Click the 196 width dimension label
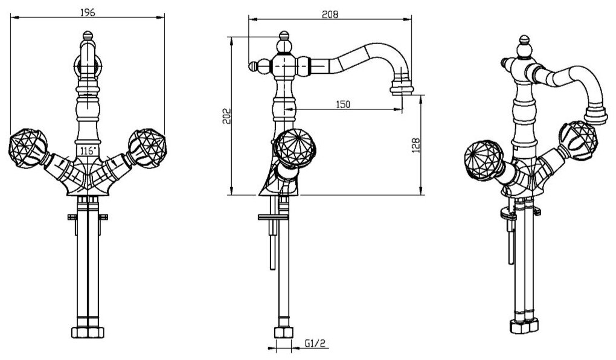pyautogui.click(x=88, y=11)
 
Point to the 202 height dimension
pyautogui.click(x=226, y=116)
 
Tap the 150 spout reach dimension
pyautogui.click(x=342, y=104)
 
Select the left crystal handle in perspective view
pyautogui.click(x=482, y=158)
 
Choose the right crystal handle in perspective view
pyautogui.click(x=578, y=138)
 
